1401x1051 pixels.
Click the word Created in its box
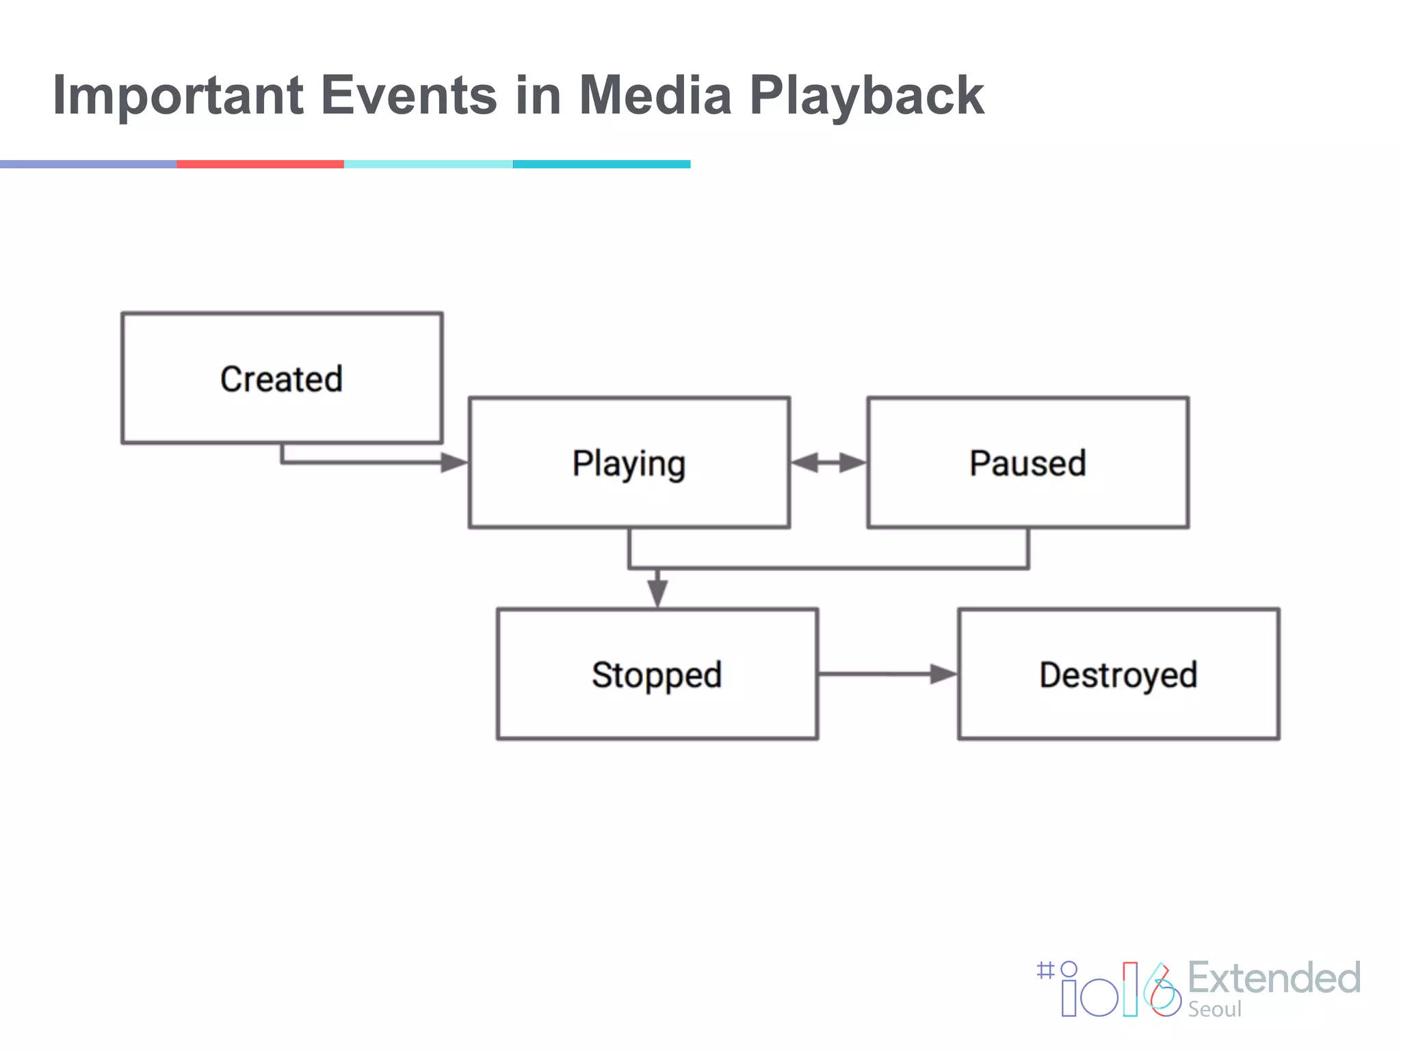281,379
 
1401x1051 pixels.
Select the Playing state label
629,464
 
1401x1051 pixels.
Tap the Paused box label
1027,463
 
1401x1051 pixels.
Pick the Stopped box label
657,675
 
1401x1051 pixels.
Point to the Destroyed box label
1118,675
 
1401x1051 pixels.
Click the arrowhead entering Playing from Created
454,463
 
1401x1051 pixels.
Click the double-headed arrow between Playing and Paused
828,463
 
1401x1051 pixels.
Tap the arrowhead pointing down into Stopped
657,592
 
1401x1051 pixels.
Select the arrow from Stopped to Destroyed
887,674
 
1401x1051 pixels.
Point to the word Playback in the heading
866,96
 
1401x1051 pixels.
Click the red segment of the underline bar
260,164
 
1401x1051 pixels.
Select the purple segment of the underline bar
88,164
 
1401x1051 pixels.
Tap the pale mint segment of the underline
428,164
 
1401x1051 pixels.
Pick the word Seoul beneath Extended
1214,1009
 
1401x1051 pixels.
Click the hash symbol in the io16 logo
1045,970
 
